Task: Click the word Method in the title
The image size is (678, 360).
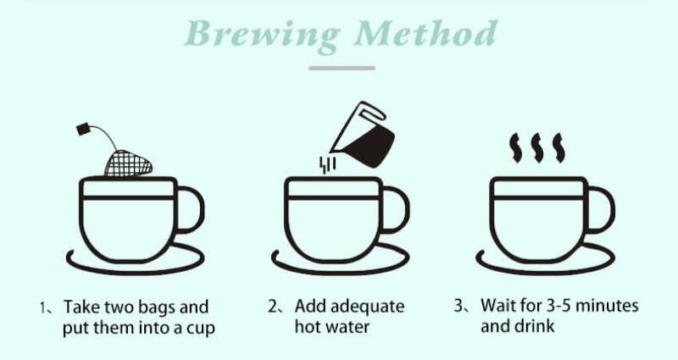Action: click(x=426, y=33)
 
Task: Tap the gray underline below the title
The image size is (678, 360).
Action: click(x=342, y=68)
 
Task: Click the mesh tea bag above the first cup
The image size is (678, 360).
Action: click(x=128, y=163)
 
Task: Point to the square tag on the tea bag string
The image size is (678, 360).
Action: click(x=83, y=130)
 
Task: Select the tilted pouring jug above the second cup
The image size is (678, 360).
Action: click(x=364, y=136)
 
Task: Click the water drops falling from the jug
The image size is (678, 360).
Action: click(x=327, y=164)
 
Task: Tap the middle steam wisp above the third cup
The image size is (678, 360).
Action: click(x=537, y=147)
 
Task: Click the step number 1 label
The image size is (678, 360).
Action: click(x=46, y=308)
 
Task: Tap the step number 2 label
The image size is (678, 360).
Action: click(x=275, y=307)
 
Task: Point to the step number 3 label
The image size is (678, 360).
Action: click(x=461, y=306)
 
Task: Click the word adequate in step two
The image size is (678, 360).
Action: click(x=369, y=307)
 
